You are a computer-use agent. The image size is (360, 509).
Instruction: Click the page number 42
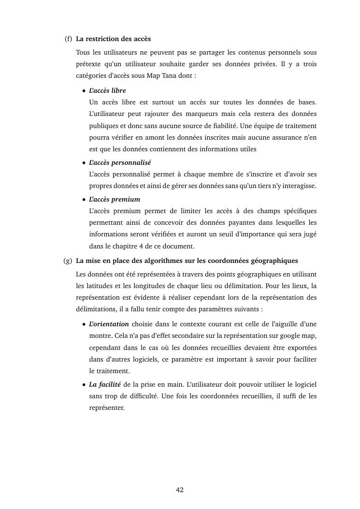tap(180, 490)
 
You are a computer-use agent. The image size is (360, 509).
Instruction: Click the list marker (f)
tap(68, 39)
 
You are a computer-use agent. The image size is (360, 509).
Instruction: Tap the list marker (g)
tap(68, 261)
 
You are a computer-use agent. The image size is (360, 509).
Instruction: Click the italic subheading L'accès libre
tap(107, 90)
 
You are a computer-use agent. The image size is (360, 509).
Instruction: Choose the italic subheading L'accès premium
tap(115, 199)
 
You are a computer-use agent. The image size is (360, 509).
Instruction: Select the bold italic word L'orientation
tap(109, 324)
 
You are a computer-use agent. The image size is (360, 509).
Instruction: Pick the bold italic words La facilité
tap(104, 384)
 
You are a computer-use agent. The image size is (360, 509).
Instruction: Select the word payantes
tap(234, 223)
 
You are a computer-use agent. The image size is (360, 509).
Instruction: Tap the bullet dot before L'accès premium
tap(84, 200)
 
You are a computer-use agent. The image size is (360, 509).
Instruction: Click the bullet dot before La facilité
tap(84, 385)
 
